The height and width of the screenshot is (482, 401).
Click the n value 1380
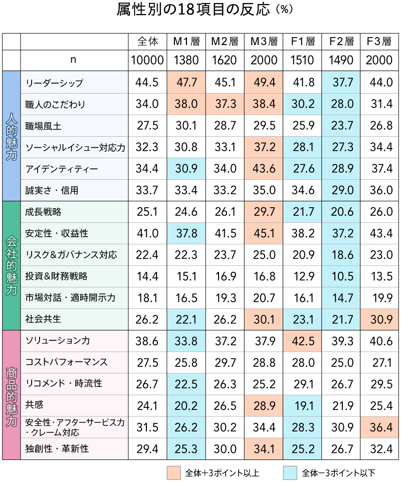pos(186,61)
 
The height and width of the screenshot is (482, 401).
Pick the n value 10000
pos(147,61)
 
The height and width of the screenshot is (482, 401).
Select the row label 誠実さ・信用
pos(52,190)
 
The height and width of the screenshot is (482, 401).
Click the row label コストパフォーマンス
pos(66,362)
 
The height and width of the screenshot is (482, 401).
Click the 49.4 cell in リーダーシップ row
pos(264,83)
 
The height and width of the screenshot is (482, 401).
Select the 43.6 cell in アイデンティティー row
pos(264,169)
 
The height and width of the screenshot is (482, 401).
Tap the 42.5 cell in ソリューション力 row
pos(302,341)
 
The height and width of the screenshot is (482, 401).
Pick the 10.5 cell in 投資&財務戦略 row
pos(341,276)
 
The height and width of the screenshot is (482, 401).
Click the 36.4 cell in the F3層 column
pos(379,427)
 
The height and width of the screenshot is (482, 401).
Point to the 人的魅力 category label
pos(11,136)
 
